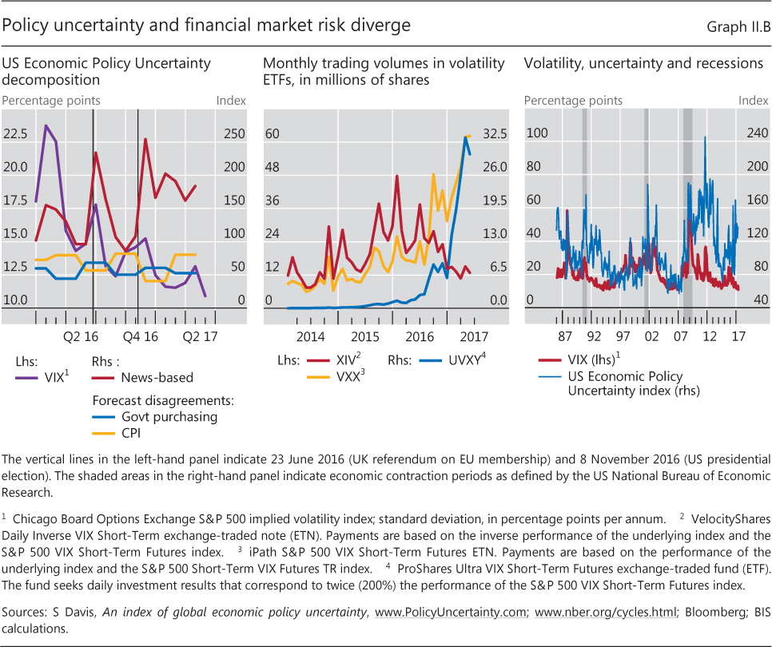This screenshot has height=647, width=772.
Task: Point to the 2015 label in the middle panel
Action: point(365,336)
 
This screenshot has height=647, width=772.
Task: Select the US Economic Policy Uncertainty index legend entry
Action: point(631,384)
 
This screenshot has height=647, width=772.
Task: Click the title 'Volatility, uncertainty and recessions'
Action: point(643,63)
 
